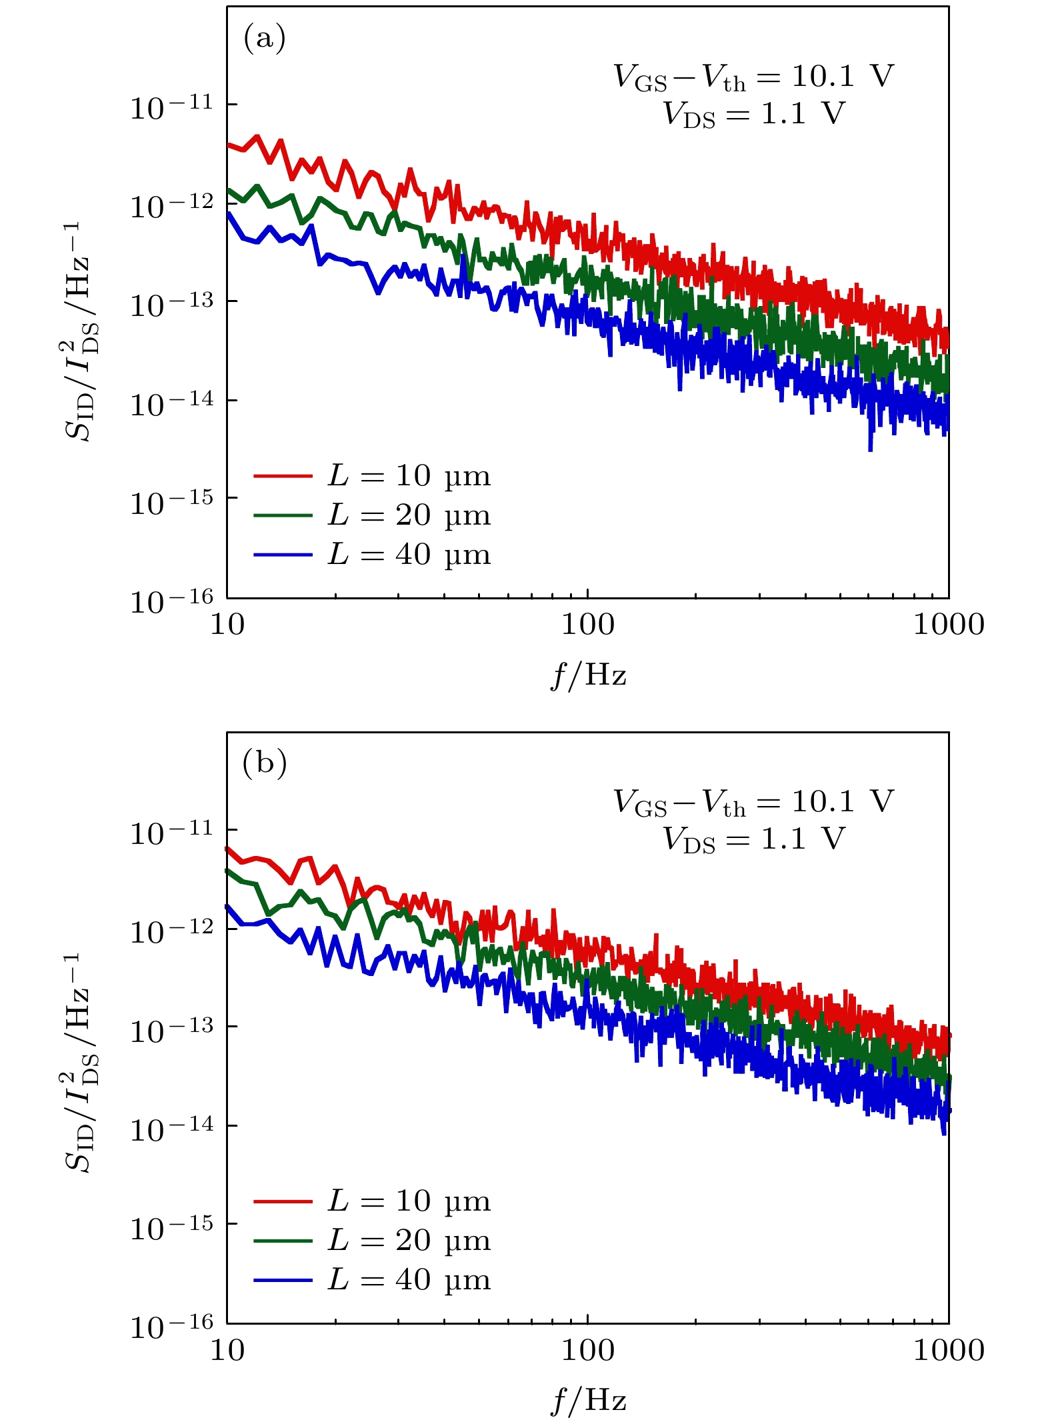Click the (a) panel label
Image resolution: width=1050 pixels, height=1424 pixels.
265,39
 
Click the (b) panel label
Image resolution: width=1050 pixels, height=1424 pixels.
265,763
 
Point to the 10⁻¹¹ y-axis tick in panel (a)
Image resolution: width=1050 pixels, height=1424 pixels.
171,107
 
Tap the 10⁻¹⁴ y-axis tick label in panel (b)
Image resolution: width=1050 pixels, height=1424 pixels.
171,1129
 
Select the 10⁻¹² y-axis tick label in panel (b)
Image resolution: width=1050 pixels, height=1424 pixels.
171,931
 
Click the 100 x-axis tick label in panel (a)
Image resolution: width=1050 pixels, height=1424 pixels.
587,625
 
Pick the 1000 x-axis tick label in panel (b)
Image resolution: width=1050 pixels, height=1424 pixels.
948,1351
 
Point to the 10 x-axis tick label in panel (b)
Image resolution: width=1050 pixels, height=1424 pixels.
227,1351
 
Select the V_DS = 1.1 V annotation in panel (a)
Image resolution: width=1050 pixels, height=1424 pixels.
753,114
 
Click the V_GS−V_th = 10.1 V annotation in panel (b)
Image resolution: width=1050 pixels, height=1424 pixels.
753,802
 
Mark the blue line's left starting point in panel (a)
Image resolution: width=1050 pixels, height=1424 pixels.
229,213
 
